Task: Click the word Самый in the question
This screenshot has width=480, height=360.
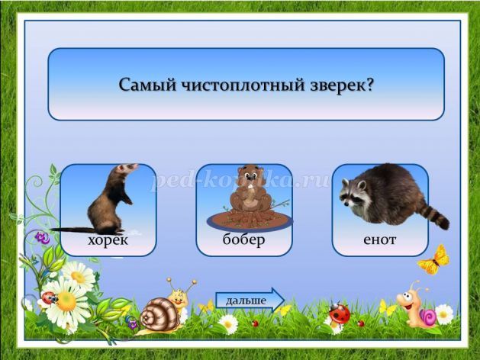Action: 147,85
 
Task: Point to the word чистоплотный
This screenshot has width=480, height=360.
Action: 243,85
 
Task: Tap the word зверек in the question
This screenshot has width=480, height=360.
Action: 342,85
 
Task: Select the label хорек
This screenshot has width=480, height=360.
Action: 108,240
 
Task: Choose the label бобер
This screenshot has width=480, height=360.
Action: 243,239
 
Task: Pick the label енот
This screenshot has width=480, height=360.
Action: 379,239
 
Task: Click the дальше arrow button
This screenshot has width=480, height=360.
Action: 250,301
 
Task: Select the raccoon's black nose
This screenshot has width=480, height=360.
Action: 346,203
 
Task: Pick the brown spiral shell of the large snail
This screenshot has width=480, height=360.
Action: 159,315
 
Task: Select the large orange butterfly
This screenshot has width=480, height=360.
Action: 434,260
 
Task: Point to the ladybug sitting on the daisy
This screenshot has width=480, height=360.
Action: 49,298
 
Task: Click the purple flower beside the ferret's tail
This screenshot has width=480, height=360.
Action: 42,238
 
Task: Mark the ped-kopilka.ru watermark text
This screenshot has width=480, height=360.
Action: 241,180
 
